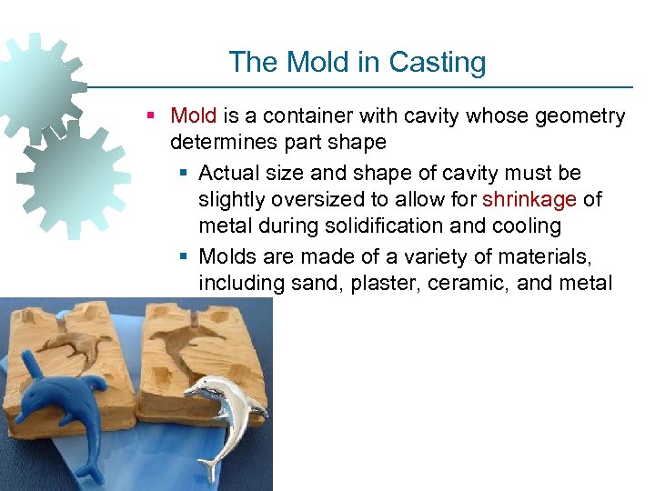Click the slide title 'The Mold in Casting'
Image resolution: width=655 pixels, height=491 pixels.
pyautogui.click(x=357, y=62)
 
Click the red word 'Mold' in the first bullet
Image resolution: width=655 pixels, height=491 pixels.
pyautogui.click(x=194, y=116)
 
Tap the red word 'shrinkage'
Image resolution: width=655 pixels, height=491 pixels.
pyautogui.click(x=529, y=199)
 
